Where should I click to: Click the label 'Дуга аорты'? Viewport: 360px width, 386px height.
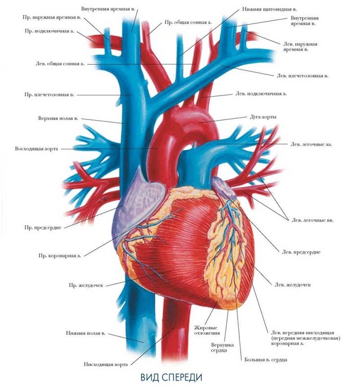click(x=263, y=117)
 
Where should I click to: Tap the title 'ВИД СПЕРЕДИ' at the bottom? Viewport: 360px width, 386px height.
click(x=171, y=377)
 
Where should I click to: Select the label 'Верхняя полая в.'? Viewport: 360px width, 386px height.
click(x=58, y=118)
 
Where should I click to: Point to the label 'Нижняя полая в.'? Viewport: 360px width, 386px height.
click(x=85, y=333)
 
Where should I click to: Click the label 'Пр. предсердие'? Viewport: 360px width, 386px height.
click(x=43, y=228)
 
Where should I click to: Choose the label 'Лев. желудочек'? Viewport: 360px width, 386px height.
click(x=293, y=285)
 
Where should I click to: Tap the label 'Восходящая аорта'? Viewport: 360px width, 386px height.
click(x=37, y=149)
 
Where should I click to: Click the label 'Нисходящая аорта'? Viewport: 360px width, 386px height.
click(x=106, y=364)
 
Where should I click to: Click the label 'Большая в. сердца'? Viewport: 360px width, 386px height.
click(x=266, y=360)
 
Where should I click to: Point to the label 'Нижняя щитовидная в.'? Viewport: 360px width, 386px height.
click(x=269, y=10)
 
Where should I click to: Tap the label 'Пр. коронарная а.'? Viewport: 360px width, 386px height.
click(x=60, y=256)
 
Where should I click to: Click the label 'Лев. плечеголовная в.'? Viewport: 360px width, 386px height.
click(x=302, y=76)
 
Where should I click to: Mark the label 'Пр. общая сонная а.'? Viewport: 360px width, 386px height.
click(x=188, y=22)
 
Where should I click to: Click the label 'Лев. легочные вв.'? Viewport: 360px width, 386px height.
click(x=313, y=220)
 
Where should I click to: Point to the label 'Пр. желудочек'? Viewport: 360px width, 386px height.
click(x=86, y=286)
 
